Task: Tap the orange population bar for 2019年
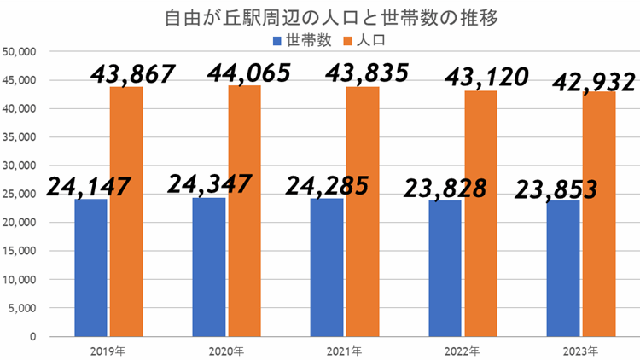[126, 213]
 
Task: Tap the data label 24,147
[89, 185]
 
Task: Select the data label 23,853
[557, 189]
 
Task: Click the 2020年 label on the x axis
[225, 351]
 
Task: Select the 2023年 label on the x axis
[580, 351]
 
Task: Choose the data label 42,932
[594, 83]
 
